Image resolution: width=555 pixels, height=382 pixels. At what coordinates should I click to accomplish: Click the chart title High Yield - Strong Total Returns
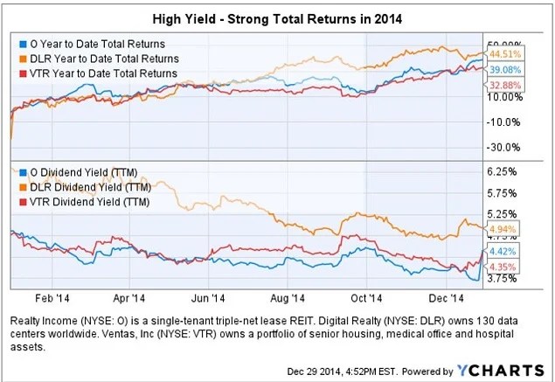[278, 17]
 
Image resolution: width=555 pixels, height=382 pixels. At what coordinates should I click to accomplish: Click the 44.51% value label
[502, 55]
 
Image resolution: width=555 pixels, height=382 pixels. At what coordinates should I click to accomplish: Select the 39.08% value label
[502, 69]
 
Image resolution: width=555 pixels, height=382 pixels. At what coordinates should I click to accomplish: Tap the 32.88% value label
[502, 84]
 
